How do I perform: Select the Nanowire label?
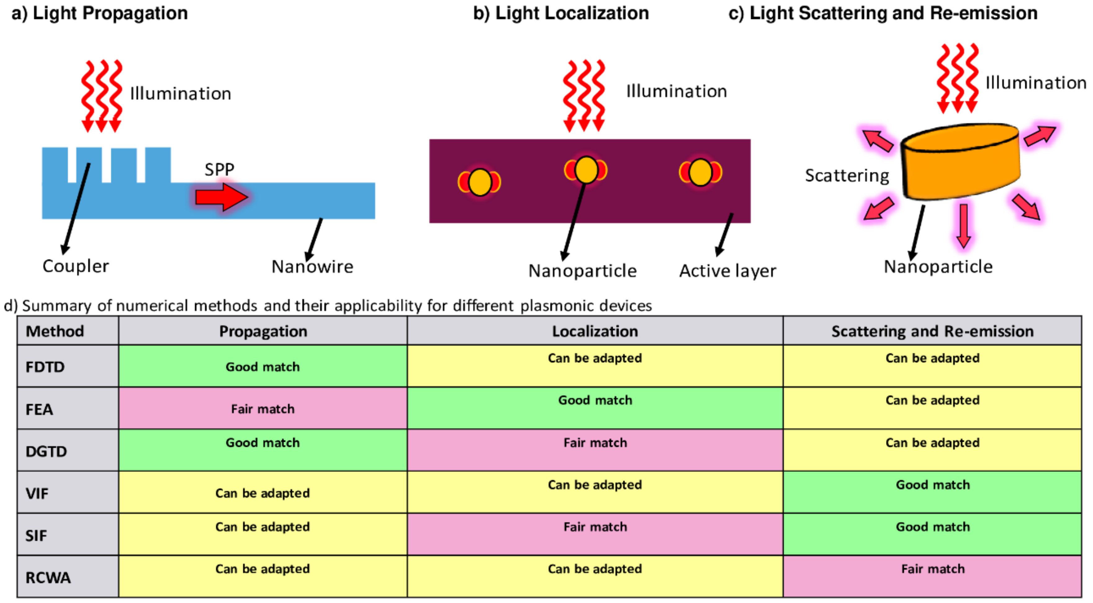(x=312, y=267)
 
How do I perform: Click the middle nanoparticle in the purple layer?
(x=586, y=170)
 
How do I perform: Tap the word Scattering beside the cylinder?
(x=847, y=176)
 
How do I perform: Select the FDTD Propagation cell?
(x=263, y=366)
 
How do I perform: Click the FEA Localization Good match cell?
(x=595, y=408)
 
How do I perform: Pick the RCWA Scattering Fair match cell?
(x=932, y=576)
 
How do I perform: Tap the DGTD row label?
(x=46, y=451)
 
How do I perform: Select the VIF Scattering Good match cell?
(x=932, y=492)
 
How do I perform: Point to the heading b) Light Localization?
(x=561, y=13)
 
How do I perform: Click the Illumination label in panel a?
(x=180, y=94)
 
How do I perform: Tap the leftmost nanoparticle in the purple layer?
(x=480, y=182)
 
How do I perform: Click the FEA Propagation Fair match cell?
(x=263, y=409)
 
